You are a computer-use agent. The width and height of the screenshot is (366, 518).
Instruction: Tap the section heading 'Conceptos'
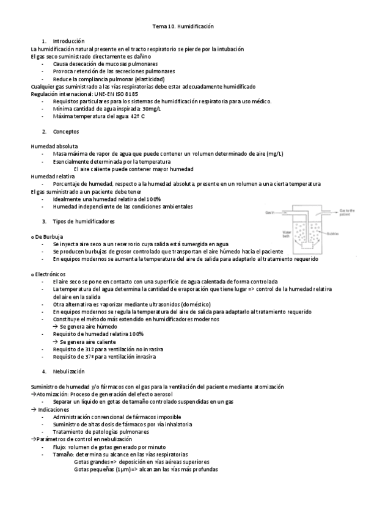coord(65,131)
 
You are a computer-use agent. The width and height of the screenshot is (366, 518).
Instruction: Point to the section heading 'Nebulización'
coord(68,371)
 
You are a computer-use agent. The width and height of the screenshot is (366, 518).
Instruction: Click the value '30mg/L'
coord(151,109)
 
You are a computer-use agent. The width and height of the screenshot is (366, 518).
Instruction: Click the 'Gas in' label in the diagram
coord(269,212)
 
